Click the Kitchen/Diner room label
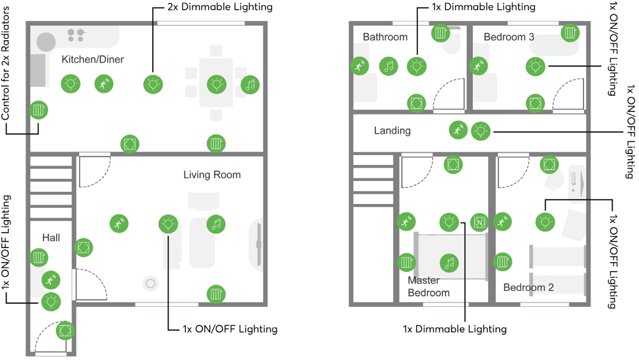coord(93,59)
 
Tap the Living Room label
coord(212,175)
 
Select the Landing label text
coord(392,130)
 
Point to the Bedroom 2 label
coord(528,287)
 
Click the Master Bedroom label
coord(429,286)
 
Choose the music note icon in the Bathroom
coord(388,65)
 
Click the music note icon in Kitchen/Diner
coord(250,84)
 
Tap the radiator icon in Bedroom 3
coord(571,33)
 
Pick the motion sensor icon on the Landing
coord(458,130)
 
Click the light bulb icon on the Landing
coord(481,131)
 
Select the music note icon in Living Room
coord(216,223)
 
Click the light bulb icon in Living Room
coord(167,223)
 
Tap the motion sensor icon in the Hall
coord(50,279)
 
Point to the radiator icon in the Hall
coord(39,258)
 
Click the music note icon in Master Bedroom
coord(449,262)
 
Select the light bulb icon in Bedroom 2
coord(544,221)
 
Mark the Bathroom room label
coord(385,37)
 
